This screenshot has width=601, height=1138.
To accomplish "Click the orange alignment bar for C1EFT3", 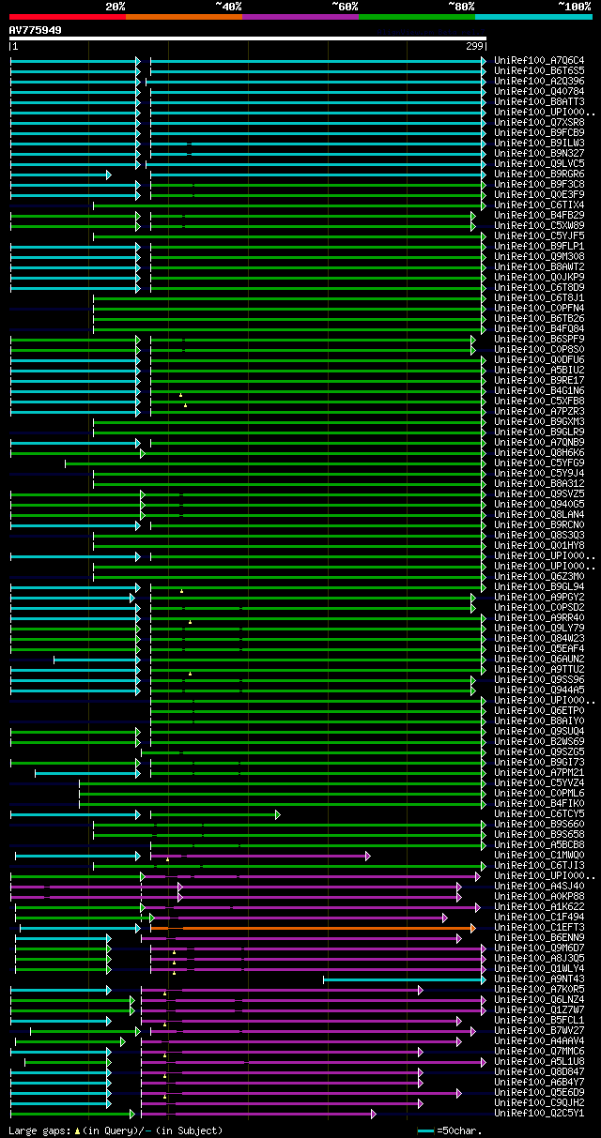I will pyautogui.click(x=319, y=928).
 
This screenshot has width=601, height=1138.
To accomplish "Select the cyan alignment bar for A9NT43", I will pyautogui.click(x=404, y=979).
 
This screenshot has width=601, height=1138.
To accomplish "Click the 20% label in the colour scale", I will pyautogui.click(x=116, y=7).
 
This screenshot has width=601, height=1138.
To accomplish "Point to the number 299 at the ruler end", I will pyautogui.click(x=474, y=46).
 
